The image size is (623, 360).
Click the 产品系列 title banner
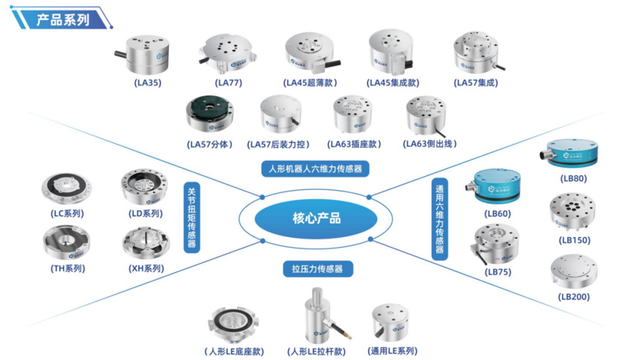pos(61,19)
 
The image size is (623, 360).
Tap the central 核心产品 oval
pos(316,218)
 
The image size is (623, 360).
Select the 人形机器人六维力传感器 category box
pos(315,169)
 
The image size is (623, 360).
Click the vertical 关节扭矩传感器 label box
pos(192,217)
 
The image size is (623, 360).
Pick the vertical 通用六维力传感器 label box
pos(439,219)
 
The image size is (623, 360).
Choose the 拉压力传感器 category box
pos(317,269)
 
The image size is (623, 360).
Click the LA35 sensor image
pos(146,55)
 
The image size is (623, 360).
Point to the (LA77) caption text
pos(228,83)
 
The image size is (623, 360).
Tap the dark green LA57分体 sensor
pos(209,114)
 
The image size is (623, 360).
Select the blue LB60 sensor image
pos(495,186)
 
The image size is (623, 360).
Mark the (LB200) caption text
pos(574,297)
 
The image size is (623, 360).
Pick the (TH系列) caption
pos(68,268)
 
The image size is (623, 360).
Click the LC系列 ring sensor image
pos(66,189)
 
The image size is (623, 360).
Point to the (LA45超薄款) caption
pos(310,83)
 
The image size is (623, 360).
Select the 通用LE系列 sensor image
pos(389,322)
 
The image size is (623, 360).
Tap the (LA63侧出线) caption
pos(430,144)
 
